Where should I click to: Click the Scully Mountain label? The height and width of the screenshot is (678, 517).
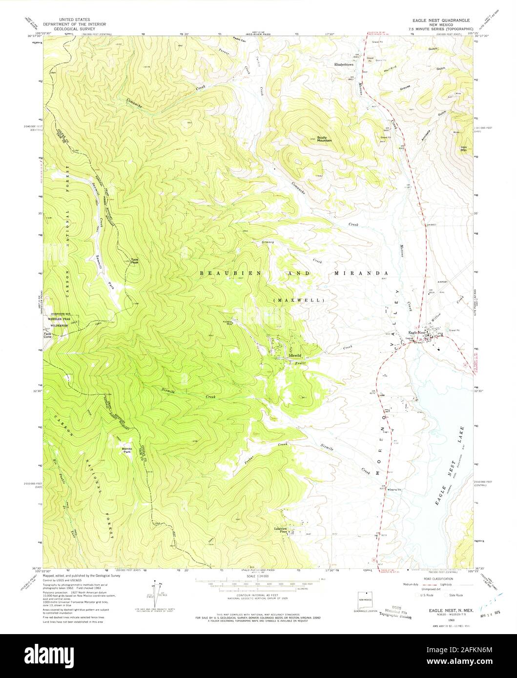[x=324, y=139]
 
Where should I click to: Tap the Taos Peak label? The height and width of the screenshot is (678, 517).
[x=133, y=261]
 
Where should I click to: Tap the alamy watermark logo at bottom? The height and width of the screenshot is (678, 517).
[x=258, y=656]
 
